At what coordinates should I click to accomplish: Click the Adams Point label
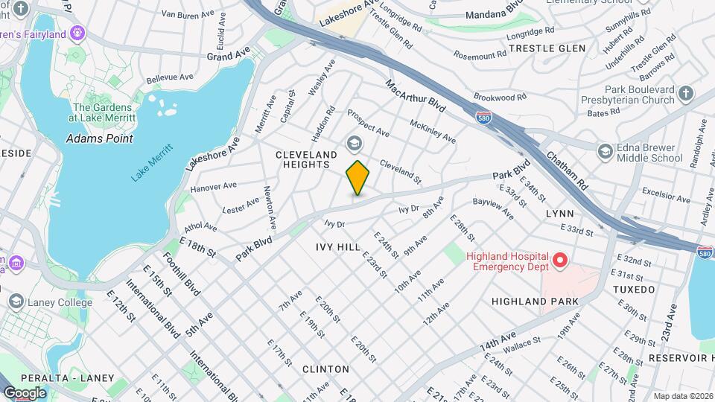click(99, 138)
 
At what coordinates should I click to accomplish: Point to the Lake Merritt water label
click(152, 162)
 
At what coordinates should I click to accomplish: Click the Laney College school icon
click(16, 301)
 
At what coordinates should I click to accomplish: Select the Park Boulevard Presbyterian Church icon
click(686, 94)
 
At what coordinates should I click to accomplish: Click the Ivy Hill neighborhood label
click(338, 246)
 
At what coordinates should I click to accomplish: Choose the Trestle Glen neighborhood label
click(547, 48)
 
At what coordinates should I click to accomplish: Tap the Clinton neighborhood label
click(325, 369)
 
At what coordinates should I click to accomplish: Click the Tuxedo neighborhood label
click(634, 289)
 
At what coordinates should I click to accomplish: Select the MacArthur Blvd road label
click(416, 97)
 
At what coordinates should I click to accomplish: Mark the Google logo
click(25, 393)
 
